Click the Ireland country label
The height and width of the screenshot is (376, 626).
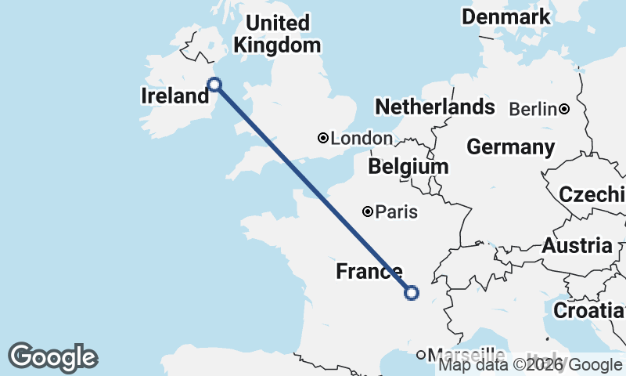pos(174,96)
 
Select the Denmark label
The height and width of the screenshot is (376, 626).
pos(516,16)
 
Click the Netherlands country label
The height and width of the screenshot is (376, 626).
pos(435,107)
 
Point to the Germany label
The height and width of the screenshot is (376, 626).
pos(510,146)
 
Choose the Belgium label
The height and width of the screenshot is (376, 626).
pos(408,166)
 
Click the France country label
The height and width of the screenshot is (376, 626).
pos(369,272)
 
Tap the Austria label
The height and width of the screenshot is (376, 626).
pos(577,245)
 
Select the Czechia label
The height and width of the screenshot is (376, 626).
pos(592,194)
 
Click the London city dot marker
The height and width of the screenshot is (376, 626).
pos(323,138)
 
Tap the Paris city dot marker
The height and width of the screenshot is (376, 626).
pos(367,211)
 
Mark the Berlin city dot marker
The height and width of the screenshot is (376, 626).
pos(564,109)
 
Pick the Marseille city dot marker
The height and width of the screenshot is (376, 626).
pos(421,355)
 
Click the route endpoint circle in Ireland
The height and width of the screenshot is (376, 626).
pos(214,85)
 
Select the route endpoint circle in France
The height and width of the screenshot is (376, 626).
pos(412,293)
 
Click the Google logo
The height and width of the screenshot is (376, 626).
pos(52,357)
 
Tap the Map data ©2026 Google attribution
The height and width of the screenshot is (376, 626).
pos(531,364)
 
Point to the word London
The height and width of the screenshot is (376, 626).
pos(362,139)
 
